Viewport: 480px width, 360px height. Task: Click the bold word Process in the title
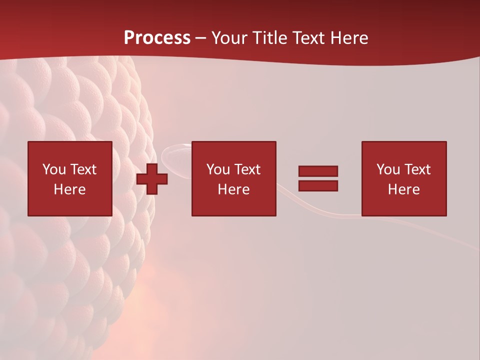(x=157, y=38)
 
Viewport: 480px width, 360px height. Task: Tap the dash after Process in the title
(x=201, y=38)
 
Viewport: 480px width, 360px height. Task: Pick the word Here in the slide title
(x=349, y=38)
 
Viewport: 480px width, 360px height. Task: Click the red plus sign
(x=152, y=179)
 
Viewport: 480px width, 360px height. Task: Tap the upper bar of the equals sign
(x=318, y=171)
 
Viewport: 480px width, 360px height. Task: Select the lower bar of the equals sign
(x=318, y=185)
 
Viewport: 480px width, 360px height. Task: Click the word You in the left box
(x=54, y=169)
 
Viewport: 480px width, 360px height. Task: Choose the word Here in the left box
(x=69, y=189)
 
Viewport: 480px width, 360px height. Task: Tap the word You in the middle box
(x=218, y=169)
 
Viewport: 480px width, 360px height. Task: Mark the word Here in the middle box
(x=233, y=189)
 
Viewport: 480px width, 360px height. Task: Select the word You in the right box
(x=388, y=169)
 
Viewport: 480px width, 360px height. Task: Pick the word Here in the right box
(x=403, y=189)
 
